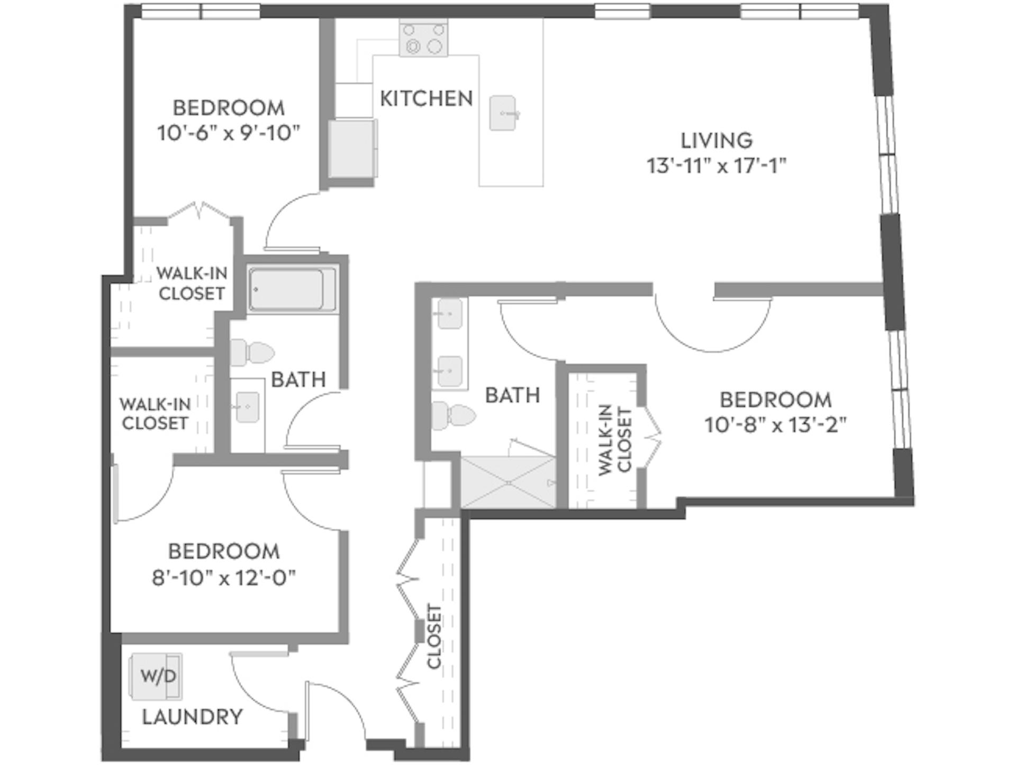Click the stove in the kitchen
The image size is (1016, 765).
coord(423,39)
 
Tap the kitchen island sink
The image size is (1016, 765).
coord(502,113)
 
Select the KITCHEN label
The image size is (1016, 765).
coord(426,98)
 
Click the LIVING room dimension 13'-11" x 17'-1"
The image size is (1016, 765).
coord(716,166)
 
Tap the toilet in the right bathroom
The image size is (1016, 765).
coord(453,415)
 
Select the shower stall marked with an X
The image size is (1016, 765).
coord(508,482)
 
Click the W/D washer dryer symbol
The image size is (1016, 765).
coord(157,676)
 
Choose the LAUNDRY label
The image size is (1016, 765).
coord(193,717)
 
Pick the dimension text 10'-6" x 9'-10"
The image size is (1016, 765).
coord(229,133)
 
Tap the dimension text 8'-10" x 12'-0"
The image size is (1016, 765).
coord(224,578)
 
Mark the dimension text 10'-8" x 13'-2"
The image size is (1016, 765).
coord(775,425)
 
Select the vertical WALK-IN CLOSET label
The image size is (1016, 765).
coord(615,440)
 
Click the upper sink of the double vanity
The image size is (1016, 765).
coord(450,314)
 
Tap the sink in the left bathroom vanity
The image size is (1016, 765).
coord(247,407)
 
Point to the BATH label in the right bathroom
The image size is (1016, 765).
coord(512,395)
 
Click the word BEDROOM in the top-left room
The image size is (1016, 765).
coord(229,108)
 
